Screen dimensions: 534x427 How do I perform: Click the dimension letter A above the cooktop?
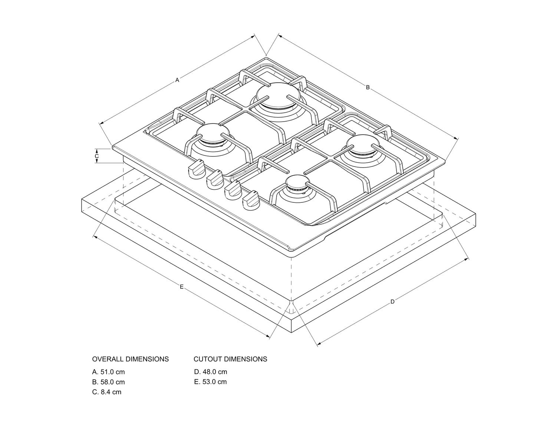point(177,80)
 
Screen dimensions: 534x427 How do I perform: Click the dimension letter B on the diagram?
point(368,87)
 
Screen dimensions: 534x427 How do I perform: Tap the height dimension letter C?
point(97,156)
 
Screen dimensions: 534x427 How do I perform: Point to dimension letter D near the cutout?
point(392,302)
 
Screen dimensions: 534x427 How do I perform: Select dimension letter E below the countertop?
point(182,287)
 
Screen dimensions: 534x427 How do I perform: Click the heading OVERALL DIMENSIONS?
point(130,359)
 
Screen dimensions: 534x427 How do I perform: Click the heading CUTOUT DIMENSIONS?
point(230,359)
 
